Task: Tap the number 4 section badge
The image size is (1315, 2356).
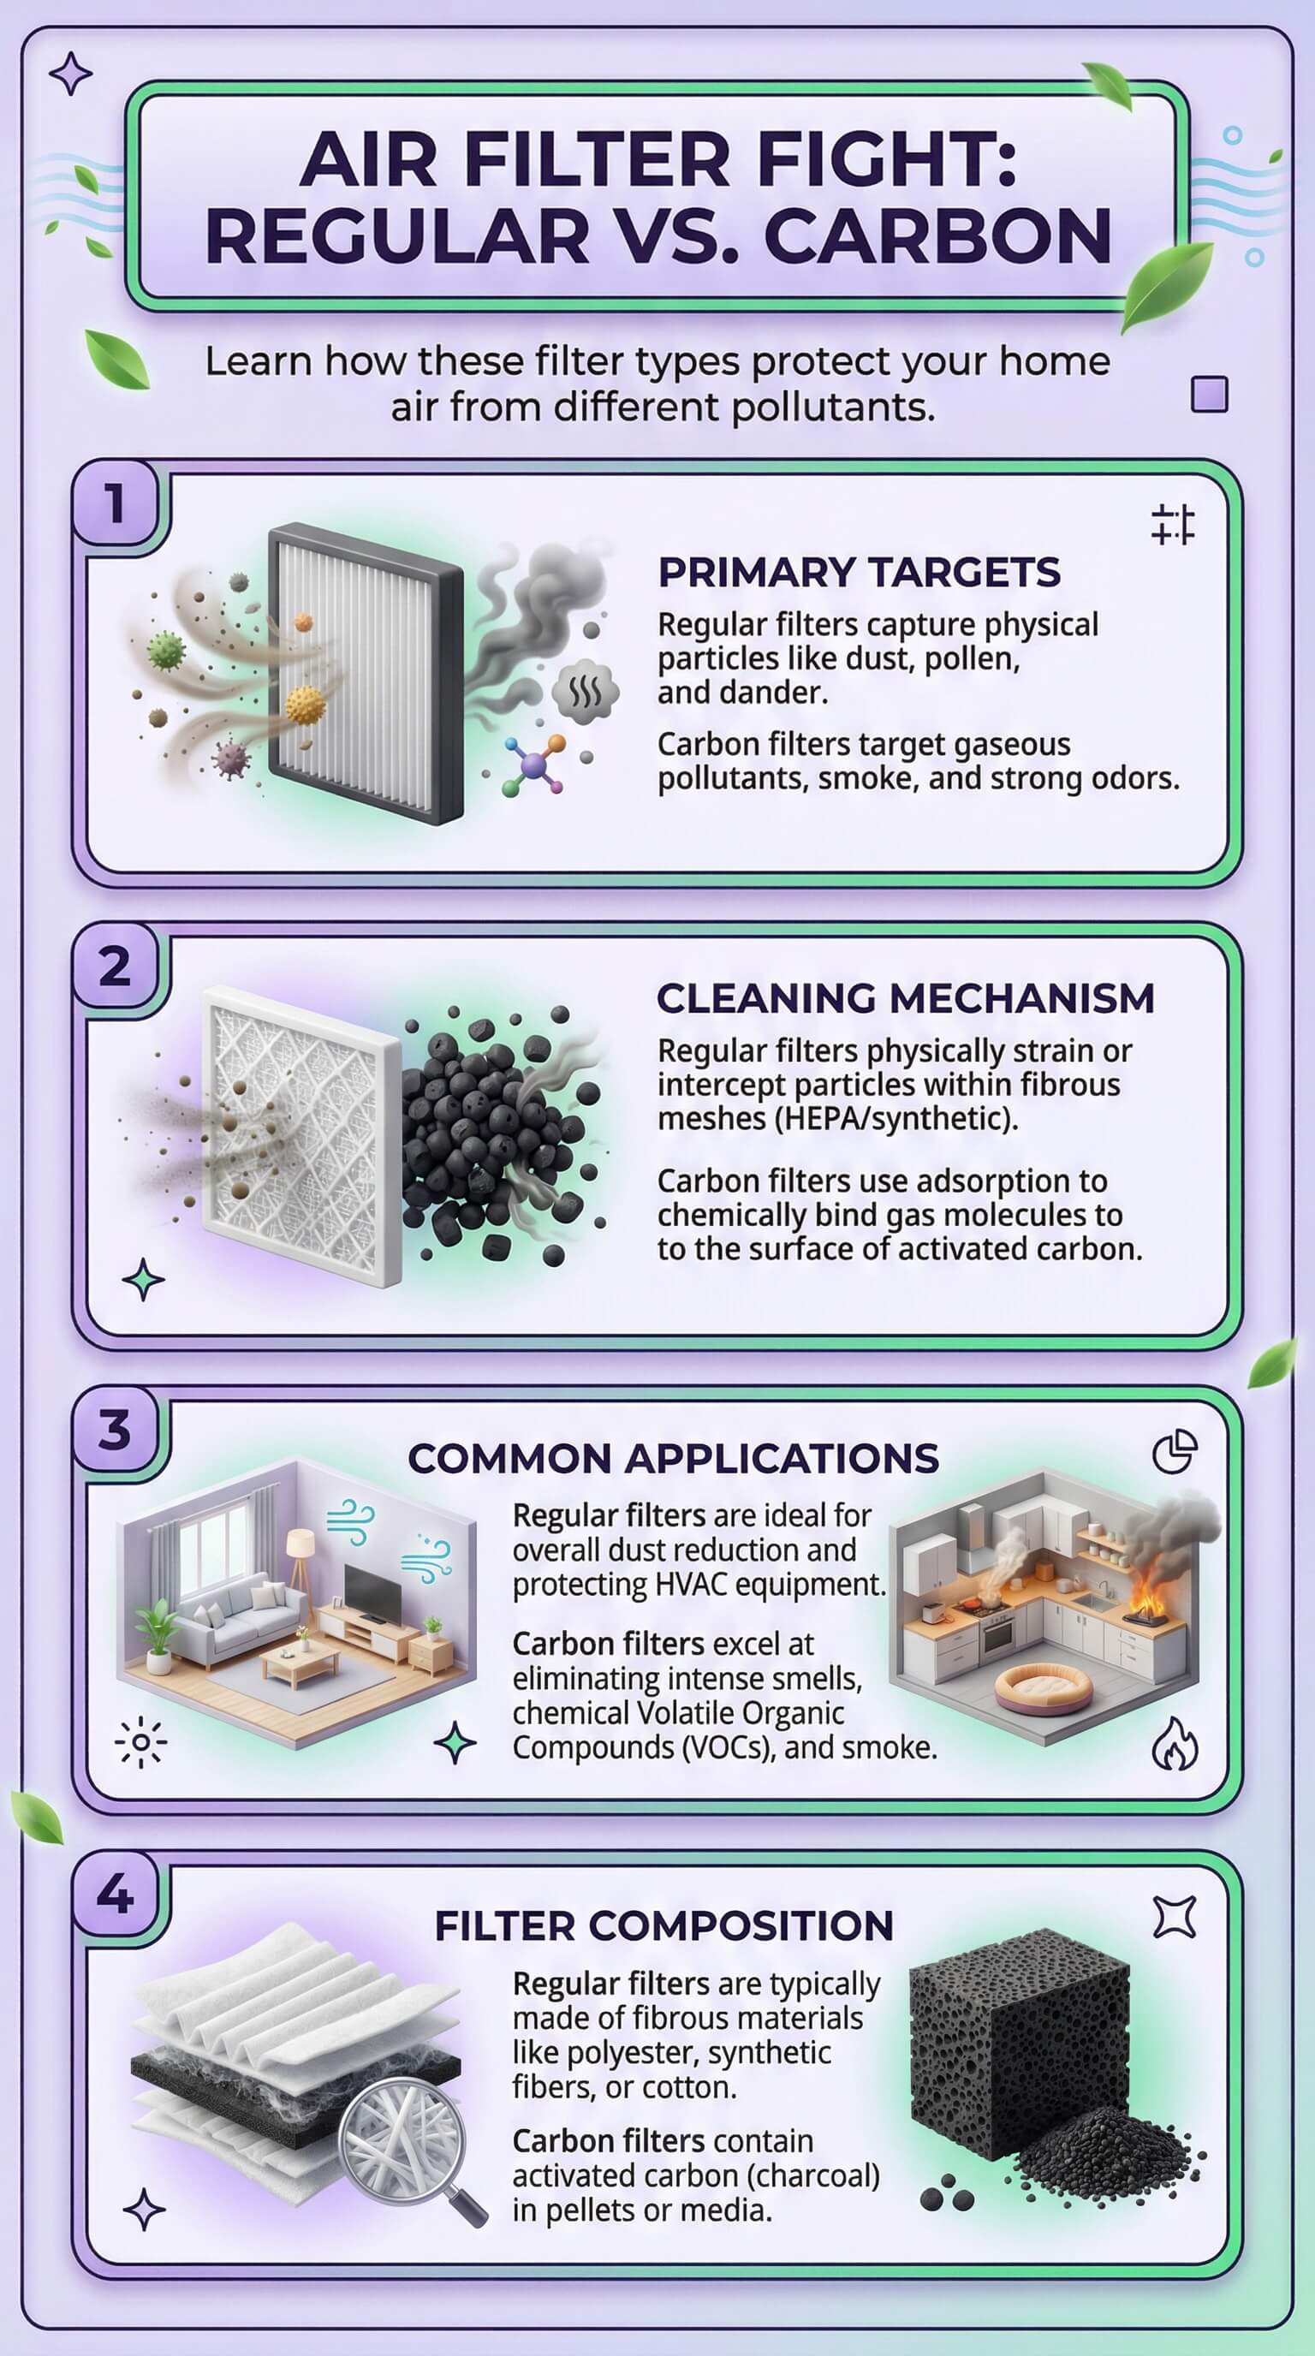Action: (x=116, y=1893)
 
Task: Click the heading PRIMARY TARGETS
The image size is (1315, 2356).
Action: (x=859, y=573)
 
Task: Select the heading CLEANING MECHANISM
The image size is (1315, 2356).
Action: (x=905, y=998)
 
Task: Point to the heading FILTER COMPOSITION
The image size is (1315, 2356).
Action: (x=663, y=1925)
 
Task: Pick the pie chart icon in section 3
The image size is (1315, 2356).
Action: (x=1175, y=1451)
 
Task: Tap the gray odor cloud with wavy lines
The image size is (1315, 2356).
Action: (x=586, y=691)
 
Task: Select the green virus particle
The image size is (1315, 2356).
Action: (x=166, y=651)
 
